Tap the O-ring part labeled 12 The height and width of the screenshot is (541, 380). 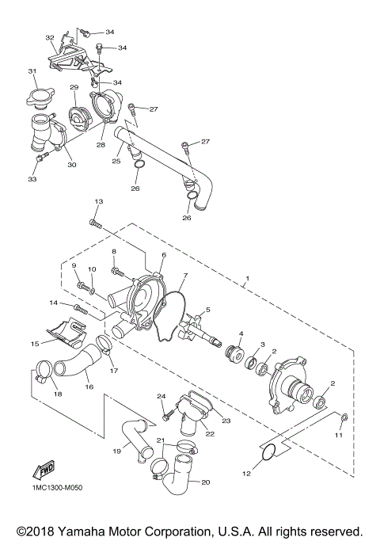pyautogui.click(x=268, y=451)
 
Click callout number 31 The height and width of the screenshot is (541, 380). pyautogui.click(x=33, y=72)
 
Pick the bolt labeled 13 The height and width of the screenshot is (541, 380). pyautogui.click(x=96, y=225)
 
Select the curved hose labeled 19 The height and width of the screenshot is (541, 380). pyautogui.click(x=133, y=440)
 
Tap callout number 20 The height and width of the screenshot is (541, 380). pyautogui.click(x=207, y=482)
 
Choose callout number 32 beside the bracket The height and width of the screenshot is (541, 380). pyautogui.click(x=49, y=37)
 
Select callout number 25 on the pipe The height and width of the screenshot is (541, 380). pyautogui.click(x=116, y=161)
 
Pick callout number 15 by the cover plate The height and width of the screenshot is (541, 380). pyautogui.click(x=35, y=344)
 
